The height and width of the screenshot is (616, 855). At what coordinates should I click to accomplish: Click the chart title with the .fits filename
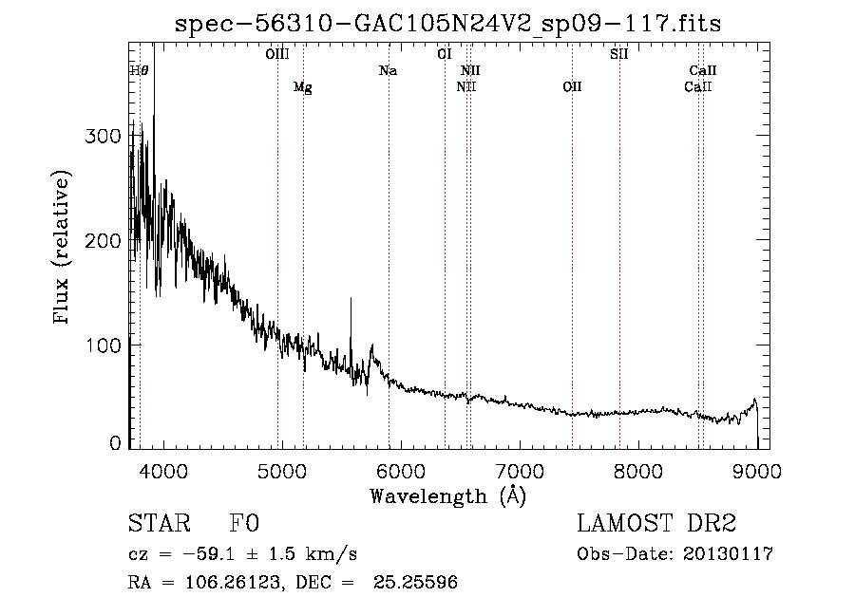tap(447, 24)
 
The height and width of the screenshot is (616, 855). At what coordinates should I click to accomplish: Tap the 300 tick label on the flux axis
tap(103, 136)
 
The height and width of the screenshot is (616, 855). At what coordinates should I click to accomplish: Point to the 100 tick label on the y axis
tap(104, 345)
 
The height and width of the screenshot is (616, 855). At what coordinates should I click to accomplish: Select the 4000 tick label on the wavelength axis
tap(163, 471)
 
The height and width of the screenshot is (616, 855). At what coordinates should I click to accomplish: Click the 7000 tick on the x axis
tap(520, 471)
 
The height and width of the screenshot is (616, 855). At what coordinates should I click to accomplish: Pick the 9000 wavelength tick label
tap(757, 471)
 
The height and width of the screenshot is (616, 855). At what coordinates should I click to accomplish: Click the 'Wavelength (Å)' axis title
tap(448, 496)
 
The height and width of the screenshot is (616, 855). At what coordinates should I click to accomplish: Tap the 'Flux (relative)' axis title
tap(61, 247)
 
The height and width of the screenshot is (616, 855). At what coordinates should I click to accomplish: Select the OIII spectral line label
tap(277, 54)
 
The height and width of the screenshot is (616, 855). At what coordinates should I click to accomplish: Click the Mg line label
tap(303, 87)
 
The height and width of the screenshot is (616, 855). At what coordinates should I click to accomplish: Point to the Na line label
tap(388, 70)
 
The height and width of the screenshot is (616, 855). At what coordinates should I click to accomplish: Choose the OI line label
tap(445, 54)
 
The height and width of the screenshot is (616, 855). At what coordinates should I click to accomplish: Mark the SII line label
tap(618, 54)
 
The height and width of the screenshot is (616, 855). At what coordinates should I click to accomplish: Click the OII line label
tap(572, 86)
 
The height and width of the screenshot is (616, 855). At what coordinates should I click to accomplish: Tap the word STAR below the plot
tap(160, 523)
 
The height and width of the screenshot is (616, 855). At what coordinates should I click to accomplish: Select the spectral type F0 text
tap(244, 523)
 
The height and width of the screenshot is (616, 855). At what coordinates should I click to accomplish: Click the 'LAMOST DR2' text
tap(656, 523)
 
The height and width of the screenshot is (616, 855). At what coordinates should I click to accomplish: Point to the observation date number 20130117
tap(728, 554)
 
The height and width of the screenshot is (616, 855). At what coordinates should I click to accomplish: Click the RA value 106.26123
tap(234, 582)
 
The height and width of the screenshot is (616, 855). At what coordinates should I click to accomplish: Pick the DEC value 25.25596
tap(415, 582)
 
